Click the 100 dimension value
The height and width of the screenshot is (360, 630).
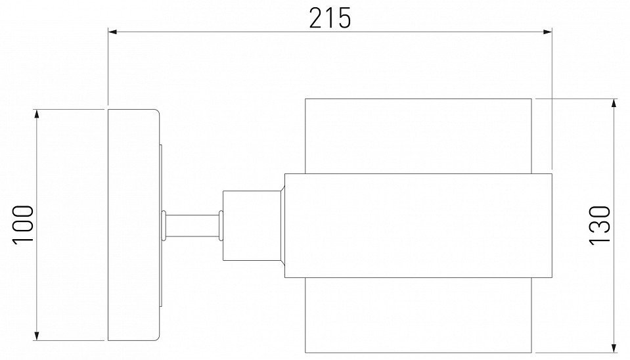click(x=24, y=225)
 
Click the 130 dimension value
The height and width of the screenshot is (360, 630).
click(x=600, y=225)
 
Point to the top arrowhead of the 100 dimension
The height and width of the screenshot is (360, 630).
click(x=38, y=113)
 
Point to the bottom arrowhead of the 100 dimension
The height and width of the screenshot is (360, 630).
click(x=38, y=336)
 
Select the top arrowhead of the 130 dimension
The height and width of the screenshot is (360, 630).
click(x=614, y=103)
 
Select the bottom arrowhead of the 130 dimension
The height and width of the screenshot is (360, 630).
click(x=614, y=347)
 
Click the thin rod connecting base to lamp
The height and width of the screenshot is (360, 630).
click(x=192, y=224)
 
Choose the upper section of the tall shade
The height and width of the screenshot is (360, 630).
click(x=418, y=135)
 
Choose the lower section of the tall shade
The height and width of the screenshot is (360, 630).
click(x=418, y=314)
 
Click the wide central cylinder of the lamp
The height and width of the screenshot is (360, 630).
click(x=418, y=225)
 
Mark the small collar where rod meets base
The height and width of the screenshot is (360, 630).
click(x=164, y=224)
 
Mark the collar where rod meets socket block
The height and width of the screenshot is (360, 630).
click(x=221, y=224)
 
